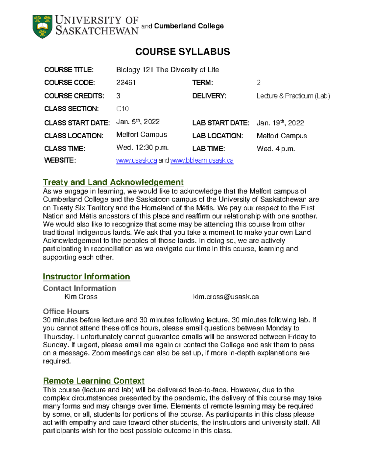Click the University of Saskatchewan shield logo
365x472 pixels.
[x=42, y=26]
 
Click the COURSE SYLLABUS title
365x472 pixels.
[x=182, y=52]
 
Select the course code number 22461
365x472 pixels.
[x=126, y=83]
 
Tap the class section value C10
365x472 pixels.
[x=123, y=109]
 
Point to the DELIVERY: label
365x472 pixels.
[x=209, y=96]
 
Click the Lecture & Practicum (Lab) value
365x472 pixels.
[x=293, y=96]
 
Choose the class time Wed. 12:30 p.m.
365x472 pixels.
[x=142, y=148]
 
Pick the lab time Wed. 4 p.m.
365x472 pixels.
[x=276, y=149]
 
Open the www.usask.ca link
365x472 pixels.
[x=137, y=160]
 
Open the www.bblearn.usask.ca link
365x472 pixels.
[x=202, y=160]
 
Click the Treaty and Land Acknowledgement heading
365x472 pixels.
[x=113, y=182]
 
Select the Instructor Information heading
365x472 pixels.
[x=86, y=277]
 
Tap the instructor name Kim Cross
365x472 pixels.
[x=81, y=297]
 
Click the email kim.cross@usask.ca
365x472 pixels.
[x=226, y=297]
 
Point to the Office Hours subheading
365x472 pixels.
[x=66, y=312]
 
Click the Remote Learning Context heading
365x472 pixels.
[x=94, y=381]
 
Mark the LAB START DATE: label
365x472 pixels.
[x=221, y=123]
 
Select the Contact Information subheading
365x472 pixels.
[x=79, y=288]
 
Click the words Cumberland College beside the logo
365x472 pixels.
[x=189, y=26]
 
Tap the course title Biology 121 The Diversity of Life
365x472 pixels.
[x=168, y=70]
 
